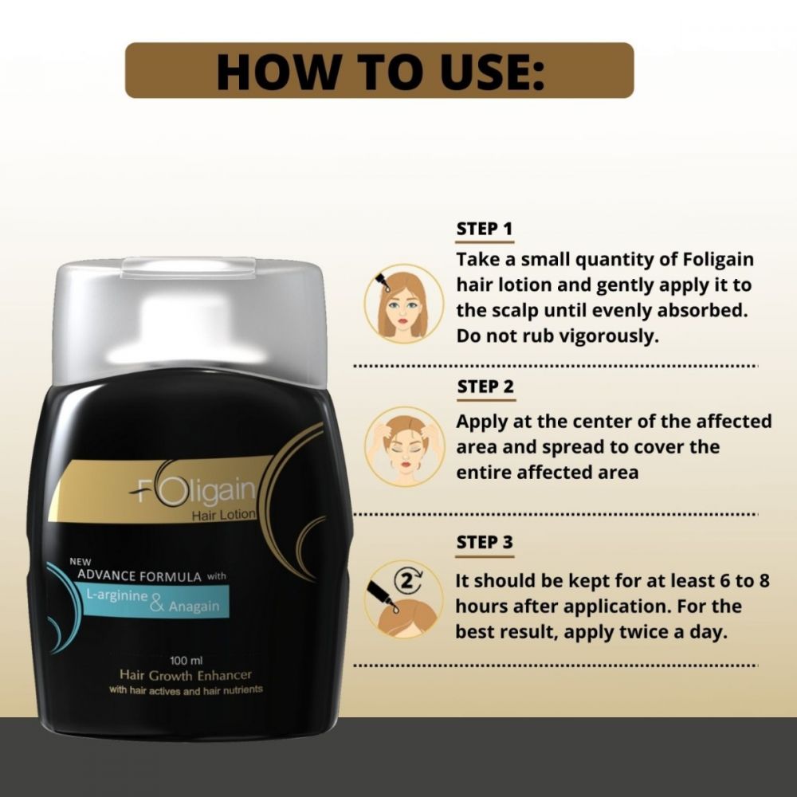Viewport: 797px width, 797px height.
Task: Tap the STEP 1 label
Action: (x=484, y=230)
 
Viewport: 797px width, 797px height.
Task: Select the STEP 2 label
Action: (x=485, y=387)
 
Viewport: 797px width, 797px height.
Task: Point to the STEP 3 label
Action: (x=485, y=543)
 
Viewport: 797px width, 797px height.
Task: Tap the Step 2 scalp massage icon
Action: (x=403, y=446)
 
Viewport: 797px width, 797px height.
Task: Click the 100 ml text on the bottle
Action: (x=184, y=660)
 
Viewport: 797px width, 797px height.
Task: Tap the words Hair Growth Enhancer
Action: (x=184, y=675)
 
